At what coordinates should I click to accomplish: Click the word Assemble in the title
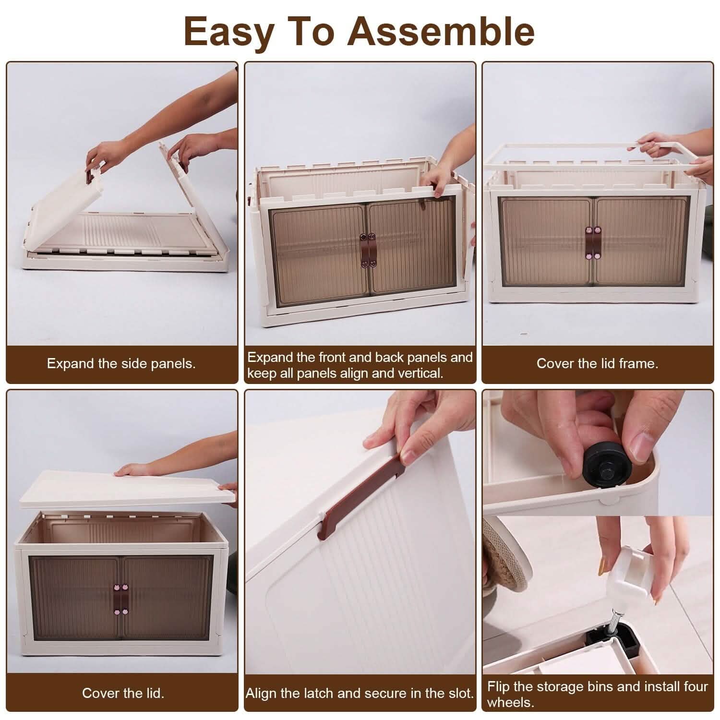[x=441, y=31]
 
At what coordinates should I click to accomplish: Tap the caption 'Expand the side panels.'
[x=121, y=363]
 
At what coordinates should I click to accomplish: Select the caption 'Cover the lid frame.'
[x=597, y=363]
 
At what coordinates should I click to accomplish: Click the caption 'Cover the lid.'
[x=123, y=693]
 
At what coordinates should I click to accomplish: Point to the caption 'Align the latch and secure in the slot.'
[x=360, y=693]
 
